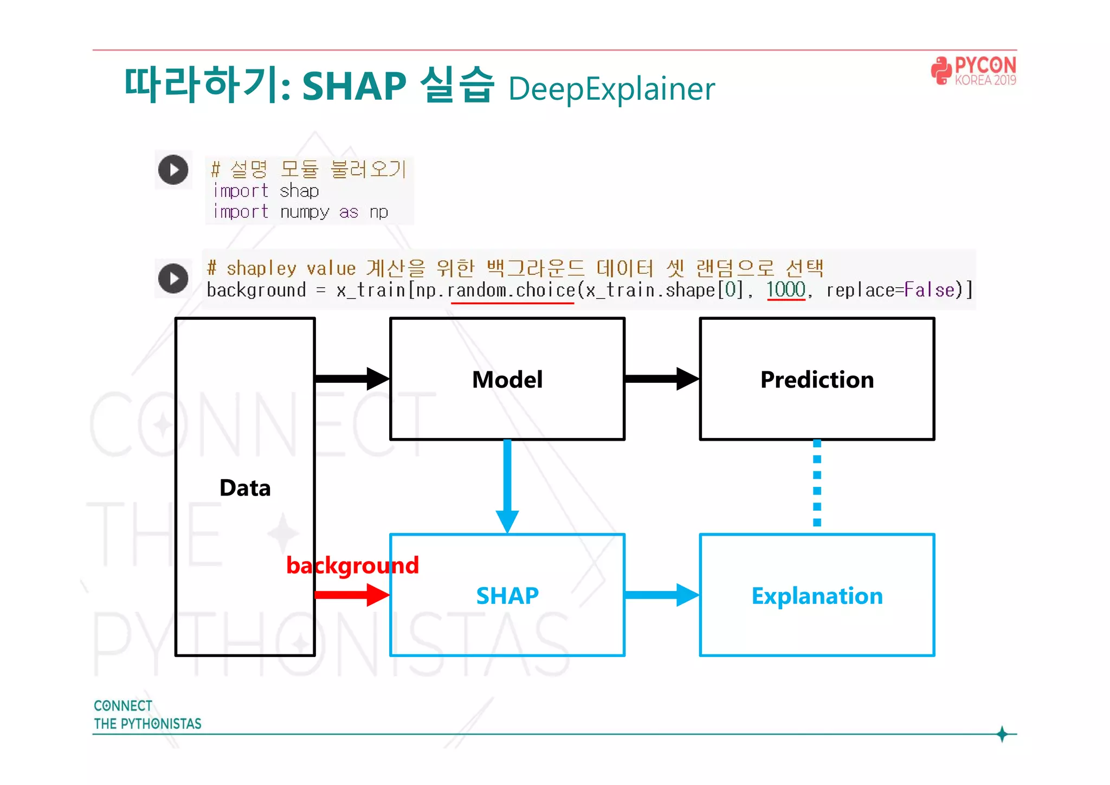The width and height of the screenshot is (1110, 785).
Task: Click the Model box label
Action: point(507,379)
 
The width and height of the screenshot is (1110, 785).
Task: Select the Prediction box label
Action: point(817,379)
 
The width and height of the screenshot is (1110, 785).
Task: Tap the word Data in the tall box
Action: point(245,488)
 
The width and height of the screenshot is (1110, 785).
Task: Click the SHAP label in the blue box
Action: point(507,596)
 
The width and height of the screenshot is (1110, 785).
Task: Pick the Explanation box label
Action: point(817,596)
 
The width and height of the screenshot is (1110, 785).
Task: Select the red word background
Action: point(352,565)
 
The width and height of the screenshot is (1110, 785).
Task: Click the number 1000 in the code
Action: point(785,289)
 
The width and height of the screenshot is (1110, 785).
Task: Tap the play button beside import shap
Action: point(173,170)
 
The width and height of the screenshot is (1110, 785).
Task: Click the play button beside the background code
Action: point(173,279)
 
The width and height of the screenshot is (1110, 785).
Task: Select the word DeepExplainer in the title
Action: point(611,89)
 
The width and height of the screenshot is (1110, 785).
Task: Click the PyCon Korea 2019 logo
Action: point(973,71)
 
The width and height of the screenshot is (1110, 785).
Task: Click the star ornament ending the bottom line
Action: point(1002,734)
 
